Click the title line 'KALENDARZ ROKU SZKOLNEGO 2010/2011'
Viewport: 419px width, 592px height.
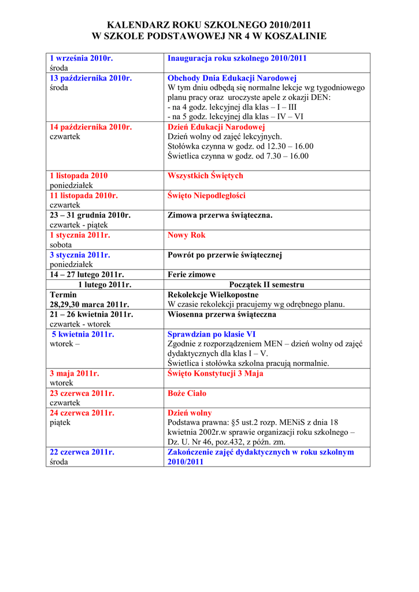209,25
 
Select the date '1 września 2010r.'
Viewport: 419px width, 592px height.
81,58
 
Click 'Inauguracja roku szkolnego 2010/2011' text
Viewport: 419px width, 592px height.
237,58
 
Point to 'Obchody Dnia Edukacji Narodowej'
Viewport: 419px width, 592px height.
232,78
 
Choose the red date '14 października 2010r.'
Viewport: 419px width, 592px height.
91,127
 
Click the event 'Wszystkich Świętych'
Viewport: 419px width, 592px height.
205,176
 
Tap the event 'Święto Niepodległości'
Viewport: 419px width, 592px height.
206,195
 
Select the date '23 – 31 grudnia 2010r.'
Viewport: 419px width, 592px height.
90,215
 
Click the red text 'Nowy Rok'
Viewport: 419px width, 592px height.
186,235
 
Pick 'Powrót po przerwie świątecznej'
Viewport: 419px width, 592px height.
225,255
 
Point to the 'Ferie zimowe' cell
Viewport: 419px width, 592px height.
191,275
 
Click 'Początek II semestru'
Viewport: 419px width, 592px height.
266,284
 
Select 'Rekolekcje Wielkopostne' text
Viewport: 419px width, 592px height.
213,294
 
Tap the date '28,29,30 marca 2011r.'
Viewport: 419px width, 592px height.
90,304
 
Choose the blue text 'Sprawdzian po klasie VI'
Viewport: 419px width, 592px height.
212,334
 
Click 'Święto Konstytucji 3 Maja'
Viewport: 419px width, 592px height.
215,373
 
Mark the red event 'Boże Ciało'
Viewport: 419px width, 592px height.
187,393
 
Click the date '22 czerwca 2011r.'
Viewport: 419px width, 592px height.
82,452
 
